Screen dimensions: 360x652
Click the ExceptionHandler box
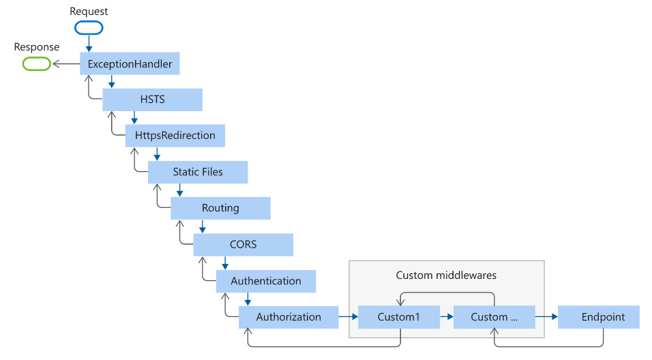coord(130,64)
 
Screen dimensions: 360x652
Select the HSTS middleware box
coord(152,100)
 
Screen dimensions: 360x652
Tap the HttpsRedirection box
coord(175,135)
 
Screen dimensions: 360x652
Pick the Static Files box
coord(198,172)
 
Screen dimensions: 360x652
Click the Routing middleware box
coord(220,208)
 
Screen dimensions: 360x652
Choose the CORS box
coord(243,244)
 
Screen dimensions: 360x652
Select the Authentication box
coord(266,281)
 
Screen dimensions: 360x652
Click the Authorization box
coord(288,317)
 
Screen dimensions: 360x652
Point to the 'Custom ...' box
coord(494,317)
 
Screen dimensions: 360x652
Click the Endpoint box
coord(599,317)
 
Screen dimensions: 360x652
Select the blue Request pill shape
coord(89,28)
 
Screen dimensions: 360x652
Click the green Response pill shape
coord(37,64)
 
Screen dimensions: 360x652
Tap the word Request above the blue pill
coord(89,12)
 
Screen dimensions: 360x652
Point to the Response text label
coord(37,48)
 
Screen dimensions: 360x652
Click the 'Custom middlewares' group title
coord(446,275)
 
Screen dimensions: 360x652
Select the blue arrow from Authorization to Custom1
coord(348,317)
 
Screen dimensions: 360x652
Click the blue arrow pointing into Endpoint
coord(546,317)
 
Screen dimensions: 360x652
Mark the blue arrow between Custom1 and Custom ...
coord(446,317)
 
